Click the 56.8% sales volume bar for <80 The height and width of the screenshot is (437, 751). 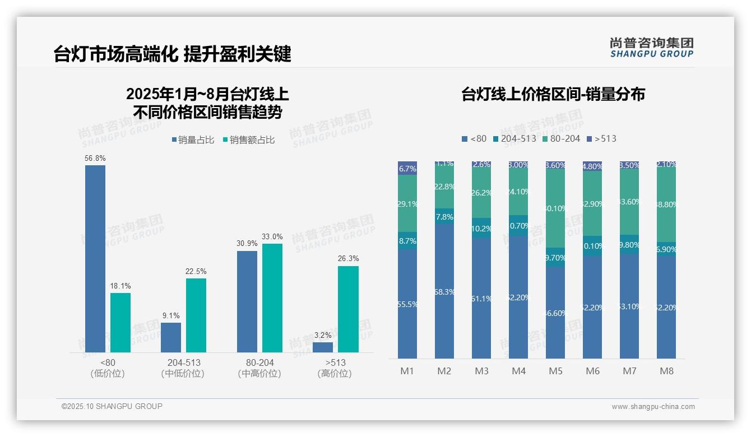point(95,258)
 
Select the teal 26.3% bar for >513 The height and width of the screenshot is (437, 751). point(348,309)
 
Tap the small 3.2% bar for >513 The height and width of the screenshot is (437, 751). point(323,347)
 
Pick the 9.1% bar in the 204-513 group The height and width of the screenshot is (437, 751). point(171,337)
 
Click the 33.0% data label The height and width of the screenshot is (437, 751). point(272,237)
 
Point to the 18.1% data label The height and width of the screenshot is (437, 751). point(120,286)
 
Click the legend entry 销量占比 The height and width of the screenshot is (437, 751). point(193,140)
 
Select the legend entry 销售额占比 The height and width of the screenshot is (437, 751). point(249,140)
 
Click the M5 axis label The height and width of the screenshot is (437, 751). point(555,371)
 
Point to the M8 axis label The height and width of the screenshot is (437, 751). point(666,371)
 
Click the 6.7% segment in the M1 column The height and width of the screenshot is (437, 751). point(407,168)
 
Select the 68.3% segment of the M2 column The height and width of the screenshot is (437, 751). point(444,291)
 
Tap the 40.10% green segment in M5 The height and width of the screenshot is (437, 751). point(555,208)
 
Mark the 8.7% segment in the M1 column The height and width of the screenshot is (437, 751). point(407,240)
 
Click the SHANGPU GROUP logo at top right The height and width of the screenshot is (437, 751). point(651,47)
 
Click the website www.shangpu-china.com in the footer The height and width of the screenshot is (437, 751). point(653,407)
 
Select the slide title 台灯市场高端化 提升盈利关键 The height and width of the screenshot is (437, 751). point(173,54)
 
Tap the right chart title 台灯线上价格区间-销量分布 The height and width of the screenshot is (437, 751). point(553,94)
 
